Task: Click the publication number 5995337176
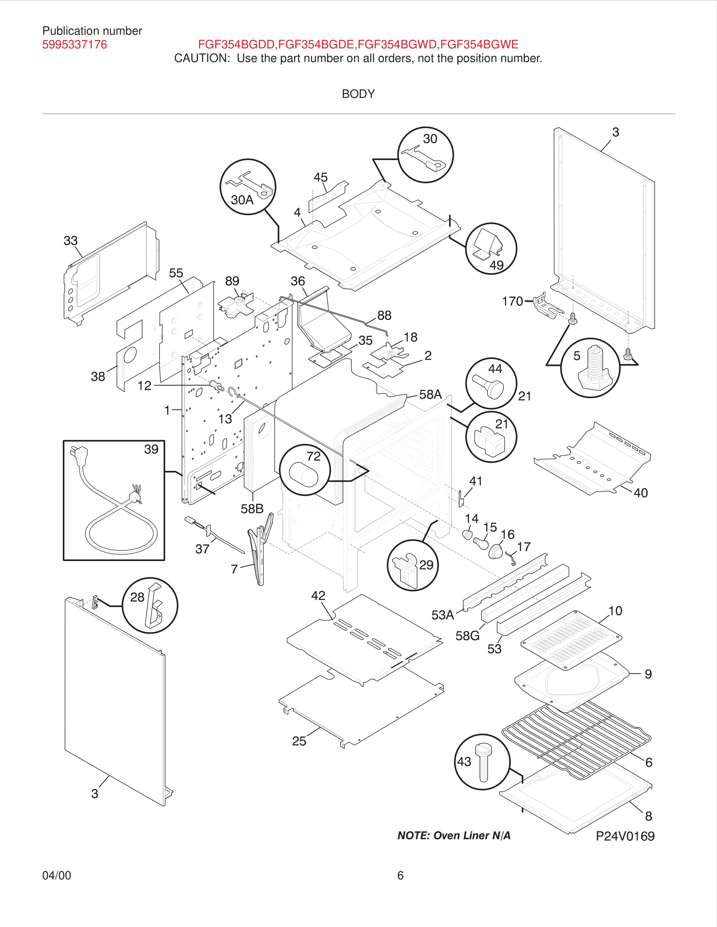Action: coord(74,44)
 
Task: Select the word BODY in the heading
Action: coord(358,94)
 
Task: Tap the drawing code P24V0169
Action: coord(625,836)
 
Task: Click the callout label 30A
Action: coord(242,199)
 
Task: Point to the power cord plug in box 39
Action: coord(79,454)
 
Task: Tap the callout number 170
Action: coord(512,301)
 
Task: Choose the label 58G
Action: coord(467,636)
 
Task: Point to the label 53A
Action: coord(442,614)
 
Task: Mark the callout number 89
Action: coord(232,281)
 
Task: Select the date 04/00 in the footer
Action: coord(57,875)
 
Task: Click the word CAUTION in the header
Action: coord(202,58)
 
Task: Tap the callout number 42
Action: coord(318,595)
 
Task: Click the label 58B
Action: coord(252,508)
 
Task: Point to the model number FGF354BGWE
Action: coord(479,44)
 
